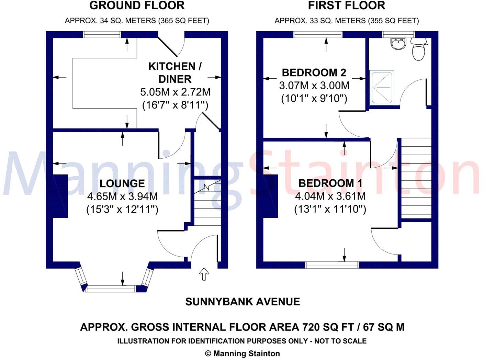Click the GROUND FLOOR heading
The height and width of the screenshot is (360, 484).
(137, 5)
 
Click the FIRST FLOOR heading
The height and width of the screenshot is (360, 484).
(346, 5)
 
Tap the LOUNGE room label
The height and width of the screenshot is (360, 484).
(122, 183)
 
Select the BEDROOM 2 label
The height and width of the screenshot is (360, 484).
(314, 72)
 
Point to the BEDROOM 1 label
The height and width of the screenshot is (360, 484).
(330, 183)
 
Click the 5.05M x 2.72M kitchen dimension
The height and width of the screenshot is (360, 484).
(175, 92)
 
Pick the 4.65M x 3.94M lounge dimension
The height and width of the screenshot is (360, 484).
(122, 196)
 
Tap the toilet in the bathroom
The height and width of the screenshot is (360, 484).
(418, 49)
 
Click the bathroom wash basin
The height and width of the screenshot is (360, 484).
(398, 44)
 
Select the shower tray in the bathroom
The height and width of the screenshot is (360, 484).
(382, 87)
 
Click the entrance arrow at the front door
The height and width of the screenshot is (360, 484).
(204, 274)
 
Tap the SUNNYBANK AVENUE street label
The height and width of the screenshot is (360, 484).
(243, 302)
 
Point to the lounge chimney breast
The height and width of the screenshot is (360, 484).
(60, 196)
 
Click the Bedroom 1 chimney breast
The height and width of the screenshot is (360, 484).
(271, 196)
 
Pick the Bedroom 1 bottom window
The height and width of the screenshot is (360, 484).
(332, 265)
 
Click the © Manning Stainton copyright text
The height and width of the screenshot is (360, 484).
(242, 353)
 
